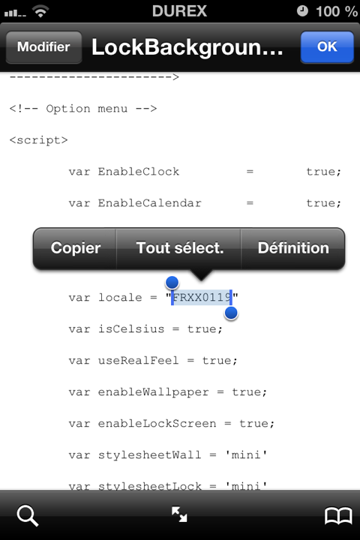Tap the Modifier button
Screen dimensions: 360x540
click(43, 46)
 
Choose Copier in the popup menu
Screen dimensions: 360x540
click(76, 248)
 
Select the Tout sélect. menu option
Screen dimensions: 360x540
click(179, 248)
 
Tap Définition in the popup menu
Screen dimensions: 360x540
click(293, 248)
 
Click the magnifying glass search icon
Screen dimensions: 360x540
click(27, 515)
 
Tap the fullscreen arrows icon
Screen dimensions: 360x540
click(179, 514)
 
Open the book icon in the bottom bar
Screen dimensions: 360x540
click(338, 515)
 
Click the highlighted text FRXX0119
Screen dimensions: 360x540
click(202, 297)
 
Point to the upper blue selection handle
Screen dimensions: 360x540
click(172, 283)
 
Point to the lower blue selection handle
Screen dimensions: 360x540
click(231, 313)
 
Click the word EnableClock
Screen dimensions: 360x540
click(139, 172)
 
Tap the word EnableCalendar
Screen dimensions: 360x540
click(149, 202)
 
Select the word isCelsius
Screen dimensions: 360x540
click(131, 329)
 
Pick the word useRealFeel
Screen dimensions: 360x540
click(139, 360)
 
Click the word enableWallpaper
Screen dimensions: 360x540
click(153, 392)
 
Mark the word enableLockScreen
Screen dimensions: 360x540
click(157, 423)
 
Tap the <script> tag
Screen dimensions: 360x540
click(38, 140)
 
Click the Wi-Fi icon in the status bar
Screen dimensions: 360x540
click(40, 12)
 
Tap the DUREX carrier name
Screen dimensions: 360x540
click(179, 11)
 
